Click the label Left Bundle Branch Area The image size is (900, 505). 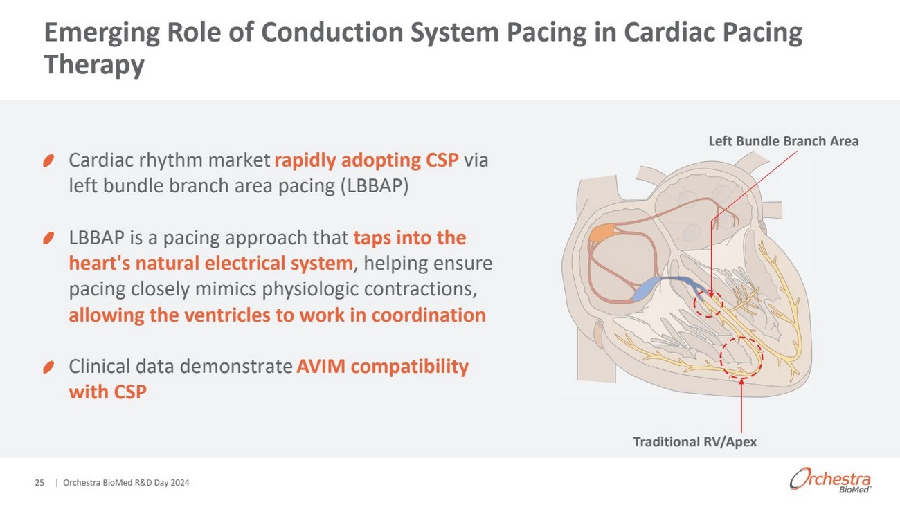tap(784, 141)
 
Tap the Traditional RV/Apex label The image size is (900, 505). tap(694, 442)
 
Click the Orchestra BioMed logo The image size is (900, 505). tap(830, 479)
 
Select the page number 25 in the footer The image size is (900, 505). tap(39, 483)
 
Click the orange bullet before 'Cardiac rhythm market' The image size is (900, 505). tap(48, 161)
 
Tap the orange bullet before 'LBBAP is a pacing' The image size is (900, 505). tap(48, 238)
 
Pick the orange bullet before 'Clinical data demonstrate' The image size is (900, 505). tap(48, 367)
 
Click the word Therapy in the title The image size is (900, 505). tap(94, 64)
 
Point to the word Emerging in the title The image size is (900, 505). tap(102, 33)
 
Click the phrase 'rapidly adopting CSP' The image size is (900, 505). tap(366, 160)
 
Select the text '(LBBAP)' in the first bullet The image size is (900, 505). tap(375, 186)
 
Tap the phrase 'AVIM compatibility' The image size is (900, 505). tap(382, 367)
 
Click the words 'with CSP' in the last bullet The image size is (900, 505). tap(108, 392)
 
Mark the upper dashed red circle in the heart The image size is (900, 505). tap(708, 304)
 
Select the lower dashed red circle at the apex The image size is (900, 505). tap(741, 357)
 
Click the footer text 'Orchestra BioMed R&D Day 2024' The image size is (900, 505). tap(126, 483)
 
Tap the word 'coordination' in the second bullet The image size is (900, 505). tap(429, 315)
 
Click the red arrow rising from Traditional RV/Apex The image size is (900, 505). tap(741, 405)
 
